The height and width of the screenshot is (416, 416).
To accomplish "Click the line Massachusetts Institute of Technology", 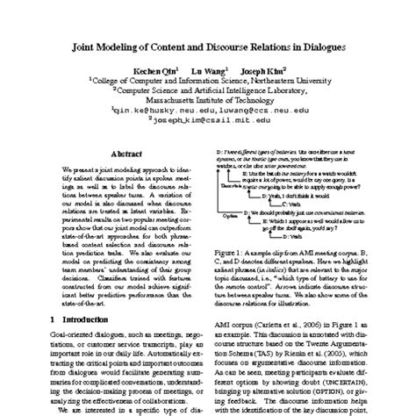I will pyautogui.click(x=207, y=101).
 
